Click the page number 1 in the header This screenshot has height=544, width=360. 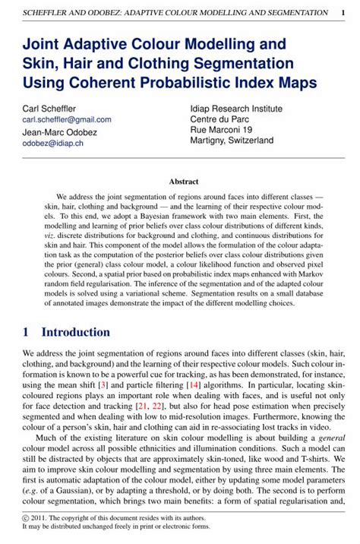click(343, 13)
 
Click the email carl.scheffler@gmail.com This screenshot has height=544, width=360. click(67, 119)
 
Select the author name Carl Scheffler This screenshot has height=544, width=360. click(50, 109)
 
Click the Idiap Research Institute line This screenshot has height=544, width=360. click(237, 109)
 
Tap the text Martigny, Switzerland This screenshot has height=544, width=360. click(232, 141)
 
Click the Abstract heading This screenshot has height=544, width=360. click(183, 182)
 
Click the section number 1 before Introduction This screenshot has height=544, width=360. click(26, 332)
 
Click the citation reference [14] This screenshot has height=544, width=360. click(196, 385)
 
